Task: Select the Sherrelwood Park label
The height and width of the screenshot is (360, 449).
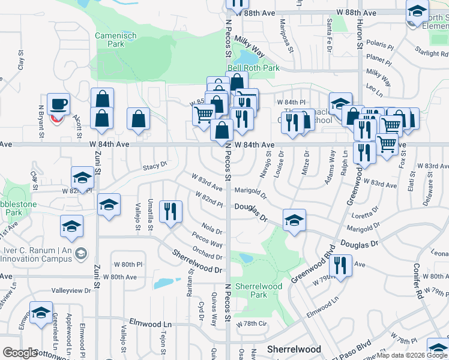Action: (x=258, y=290)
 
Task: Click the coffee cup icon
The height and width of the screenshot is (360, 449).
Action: (x=59, y=104)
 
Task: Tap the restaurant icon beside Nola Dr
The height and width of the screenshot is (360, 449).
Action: (x=170, y=212)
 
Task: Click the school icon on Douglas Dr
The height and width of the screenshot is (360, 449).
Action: (x=294, y=220)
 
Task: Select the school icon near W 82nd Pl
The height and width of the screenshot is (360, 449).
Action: (x=82, y=178)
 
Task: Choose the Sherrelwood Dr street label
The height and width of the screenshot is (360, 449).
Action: (x=197, y=262)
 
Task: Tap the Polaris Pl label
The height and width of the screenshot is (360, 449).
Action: (x=379, y=46)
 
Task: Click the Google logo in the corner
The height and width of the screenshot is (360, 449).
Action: (x=20, y=353)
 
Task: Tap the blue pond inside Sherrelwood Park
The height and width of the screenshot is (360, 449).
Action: (x=245, y=258)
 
